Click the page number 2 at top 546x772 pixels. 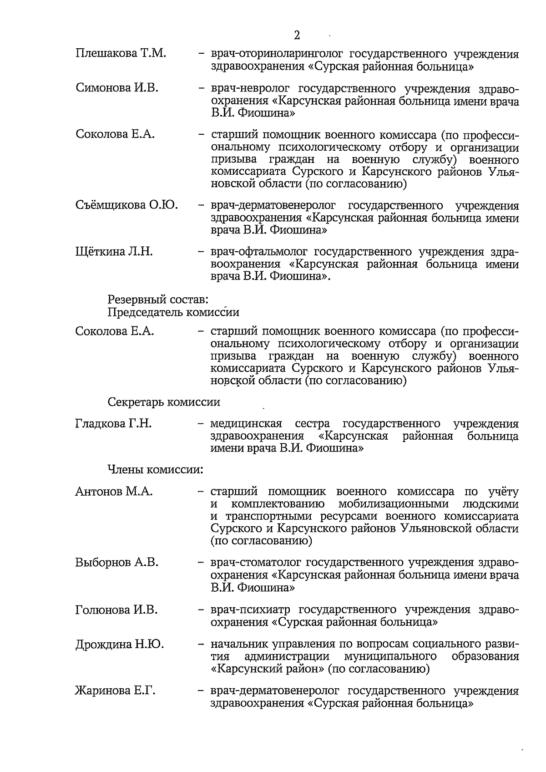[297, 36]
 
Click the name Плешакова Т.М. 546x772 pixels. [121, 54]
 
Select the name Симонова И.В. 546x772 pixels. [117, 88]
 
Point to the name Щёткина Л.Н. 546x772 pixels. [114, 251]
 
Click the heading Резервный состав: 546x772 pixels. [158, 300]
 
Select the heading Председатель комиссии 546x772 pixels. [173, 312]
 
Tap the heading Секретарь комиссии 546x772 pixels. [164, 402]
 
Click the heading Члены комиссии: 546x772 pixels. [155, 469]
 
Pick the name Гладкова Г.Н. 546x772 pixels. [113, 423]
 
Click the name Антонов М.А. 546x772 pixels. [114, 492]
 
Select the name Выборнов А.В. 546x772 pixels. [117, 562]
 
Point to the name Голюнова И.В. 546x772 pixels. [117, 609]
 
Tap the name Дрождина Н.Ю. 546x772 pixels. [120, 644]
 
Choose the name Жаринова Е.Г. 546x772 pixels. [115, 691]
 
